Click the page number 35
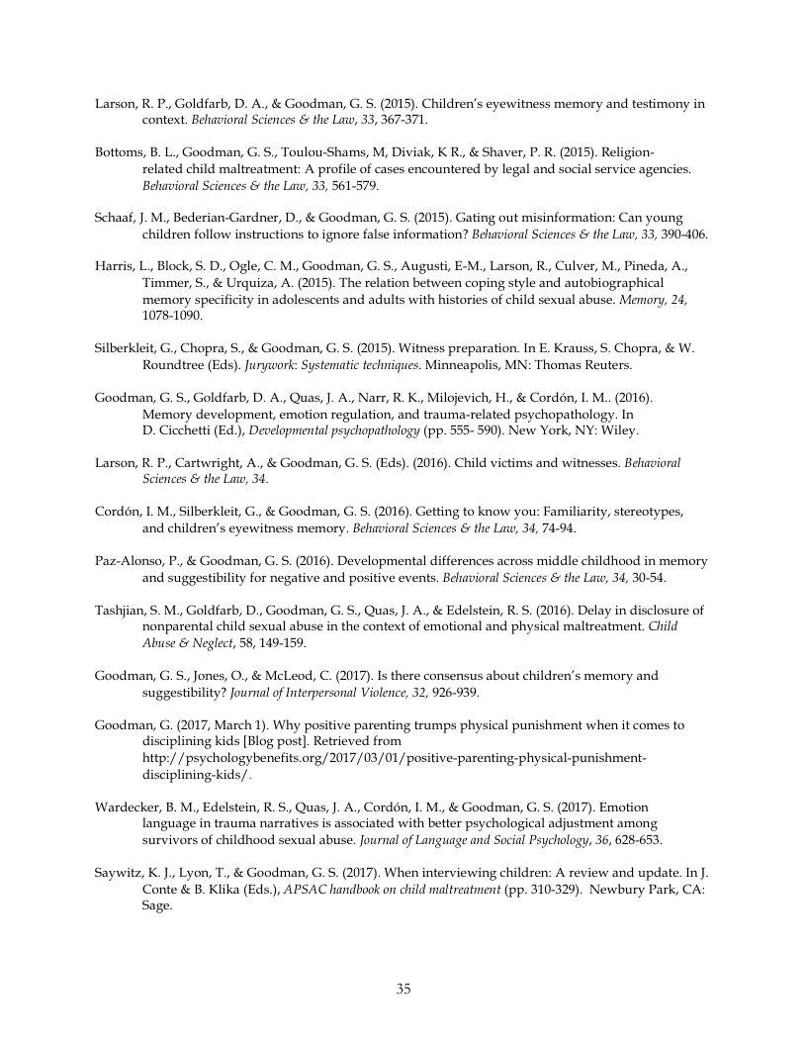[x=403, y=989]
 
